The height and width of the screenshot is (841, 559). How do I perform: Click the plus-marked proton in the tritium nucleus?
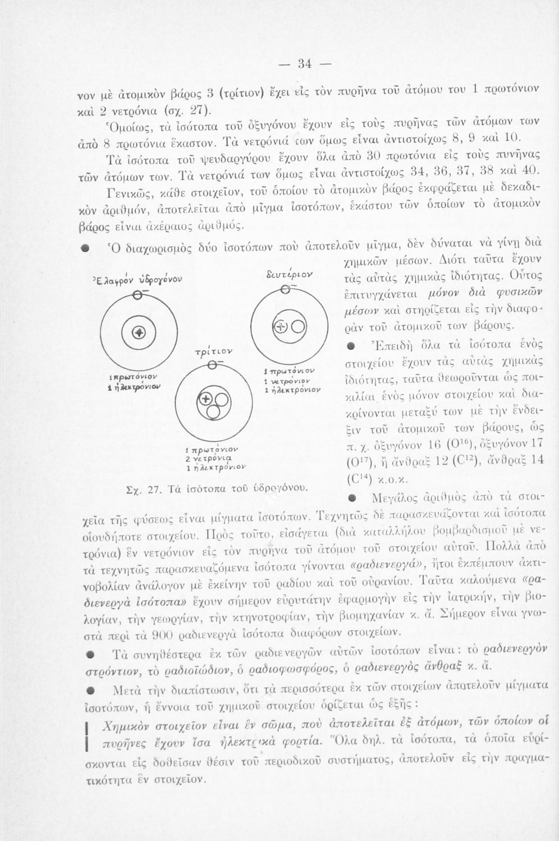coord(207,399)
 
